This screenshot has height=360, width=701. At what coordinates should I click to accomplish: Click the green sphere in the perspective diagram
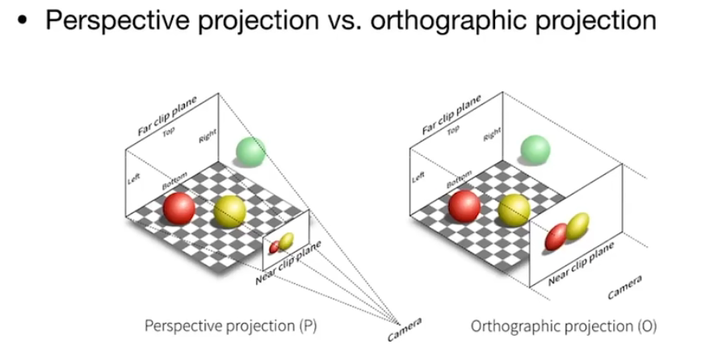(x=250, y=151)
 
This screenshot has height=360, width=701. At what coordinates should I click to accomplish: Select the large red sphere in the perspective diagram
(x=178, y=209)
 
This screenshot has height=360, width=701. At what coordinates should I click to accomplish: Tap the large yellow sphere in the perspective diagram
(x=229, y=211)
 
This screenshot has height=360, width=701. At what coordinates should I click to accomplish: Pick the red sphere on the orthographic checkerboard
(x=464, y=206)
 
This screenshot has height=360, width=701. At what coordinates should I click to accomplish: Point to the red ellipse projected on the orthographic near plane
(x=556, y=237)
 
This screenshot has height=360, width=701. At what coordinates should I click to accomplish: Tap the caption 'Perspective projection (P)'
(x=231, y=327)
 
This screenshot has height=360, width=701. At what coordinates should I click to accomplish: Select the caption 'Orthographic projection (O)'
(x=564, y=327)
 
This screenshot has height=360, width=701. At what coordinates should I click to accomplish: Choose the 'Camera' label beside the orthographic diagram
(x=623, y=288)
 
